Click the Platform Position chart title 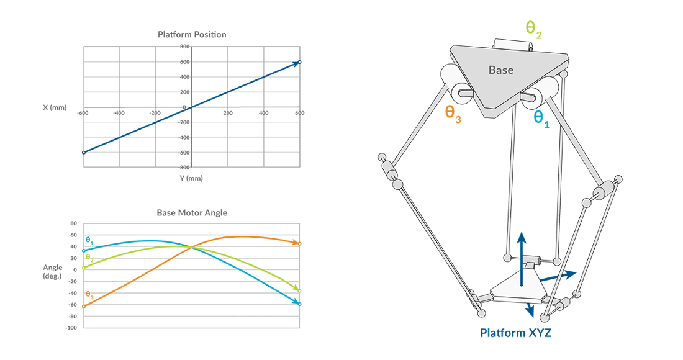[192, 34]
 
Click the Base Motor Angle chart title [192, 213]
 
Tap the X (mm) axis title [55, 107]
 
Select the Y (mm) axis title [191, 178]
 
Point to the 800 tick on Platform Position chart [184, 47]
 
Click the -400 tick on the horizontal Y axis [119, 113]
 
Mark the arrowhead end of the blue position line [300, 62]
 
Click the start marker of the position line [84, 152]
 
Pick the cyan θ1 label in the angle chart [90, 241]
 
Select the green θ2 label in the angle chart [90, 258]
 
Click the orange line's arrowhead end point [299, 243]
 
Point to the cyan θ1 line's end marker [299, 304]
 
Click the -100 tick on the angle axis [71, 328]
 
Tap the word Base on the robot [501, 70]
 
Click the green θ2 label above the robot [533, 29]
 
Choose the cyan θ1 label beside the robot [541, 119]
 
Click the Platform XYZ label [516, 333]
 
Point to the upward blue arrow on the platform [522, 259]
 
